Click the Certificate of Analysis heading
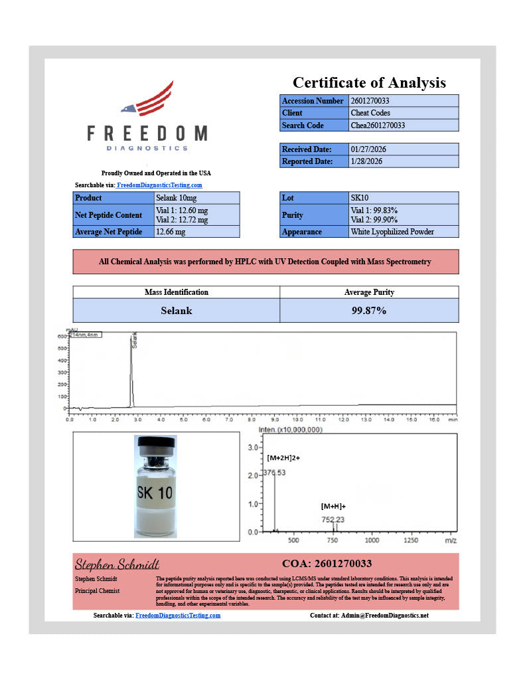369,83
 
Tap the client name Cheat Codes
370,113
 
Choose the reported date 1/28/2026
366,161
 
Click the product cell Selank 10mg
176,198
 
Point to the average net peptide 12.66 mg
171,232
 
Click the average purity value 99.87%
368,310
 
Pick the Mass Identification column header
176,292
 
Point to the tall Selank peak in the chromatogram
131,372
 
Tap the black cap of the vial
155,442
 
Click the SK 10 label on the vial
155,493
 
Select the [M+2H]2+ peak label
283,458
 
